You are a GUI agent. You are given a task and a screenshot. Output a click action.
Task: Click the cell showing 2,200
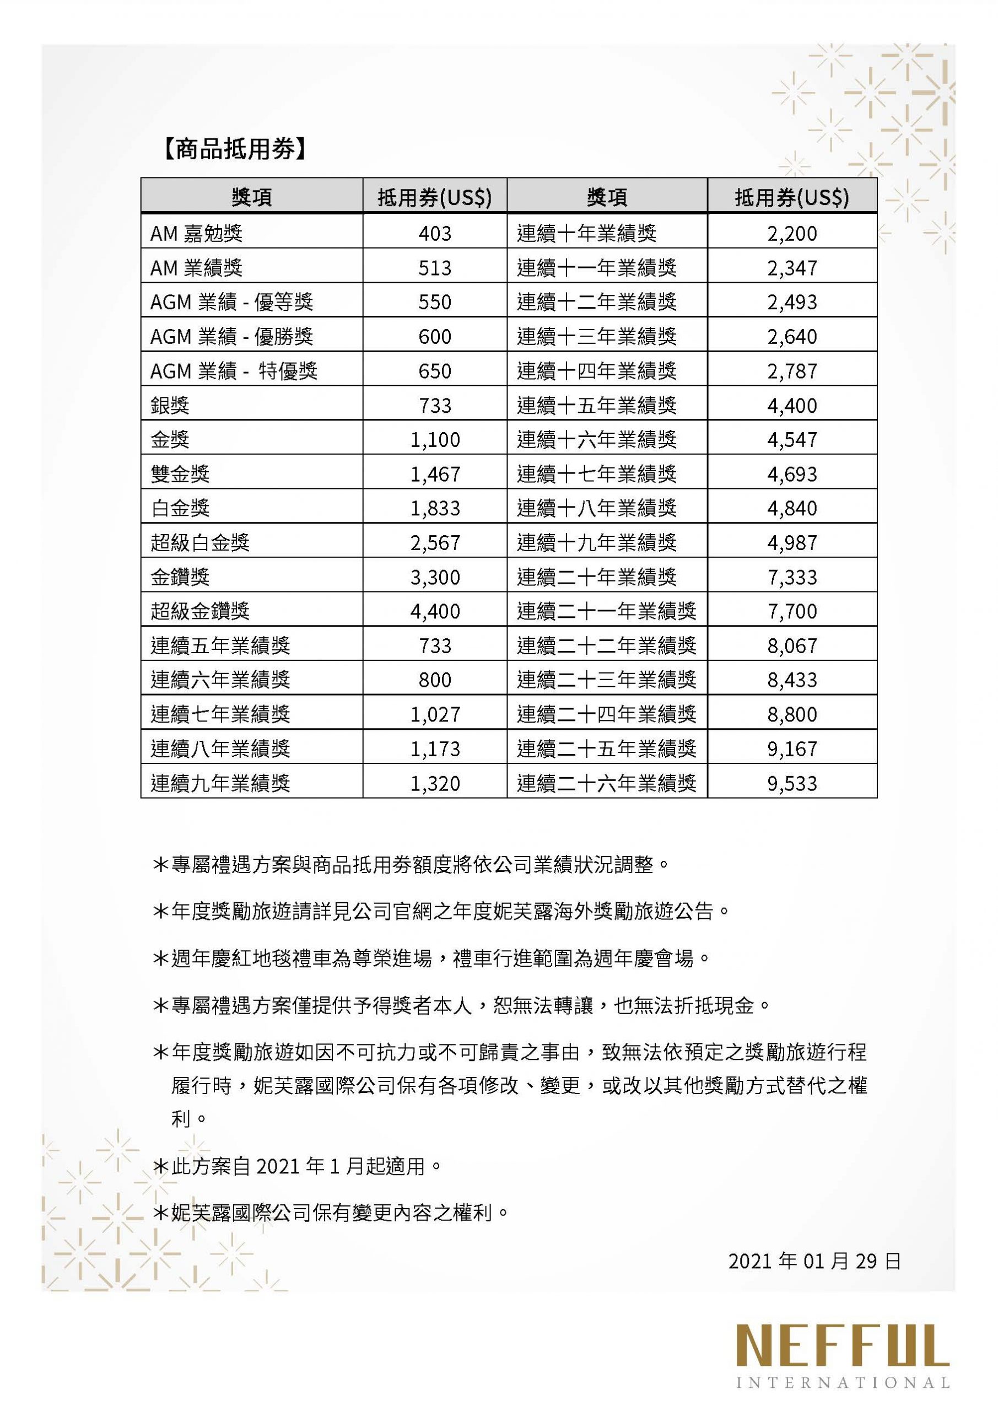point(791,234)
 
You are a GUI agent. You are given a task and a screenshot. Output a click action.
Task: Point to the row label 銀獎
point(170,406)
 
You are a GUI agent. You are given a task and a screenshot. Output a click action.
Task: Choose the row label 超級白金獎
point(201,543)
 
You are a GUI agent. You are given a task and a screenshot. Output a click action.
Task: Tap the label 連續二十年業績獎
point(596,577)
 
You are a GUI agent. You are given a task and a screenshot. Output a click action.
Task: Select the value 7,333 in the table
point(791,577)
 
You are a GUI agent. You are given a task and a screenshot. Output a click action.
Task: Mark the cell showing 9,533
point(791,784)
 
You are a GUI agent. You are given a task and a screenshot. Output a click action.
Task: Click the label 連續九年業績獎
point(220,784)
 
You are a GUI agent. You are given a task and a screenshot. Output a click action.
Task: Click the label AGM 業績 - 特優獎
point(234,371)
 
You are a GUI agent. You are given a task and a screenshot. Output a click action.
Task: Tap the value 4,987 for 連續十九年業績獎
point(791,543)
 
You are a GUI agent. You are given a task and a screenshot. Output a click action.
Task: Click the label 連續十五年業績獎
point(596,406)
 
